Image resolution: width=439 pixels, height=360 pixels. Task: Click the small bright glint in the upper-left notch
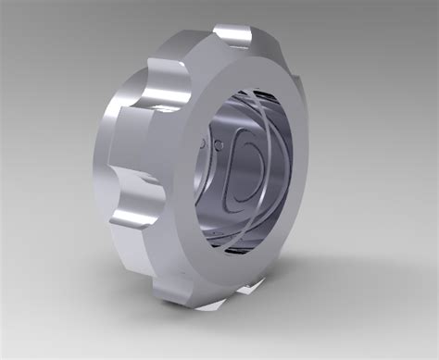tap(167, 109)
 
